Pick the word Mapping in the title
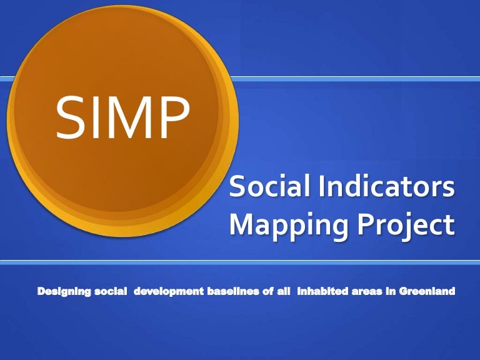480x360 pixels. (x=283, y=226)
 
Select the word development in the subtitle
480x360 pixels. (x=167, y=291)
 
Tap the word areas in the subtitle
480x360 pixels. (x=368, y=291)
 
